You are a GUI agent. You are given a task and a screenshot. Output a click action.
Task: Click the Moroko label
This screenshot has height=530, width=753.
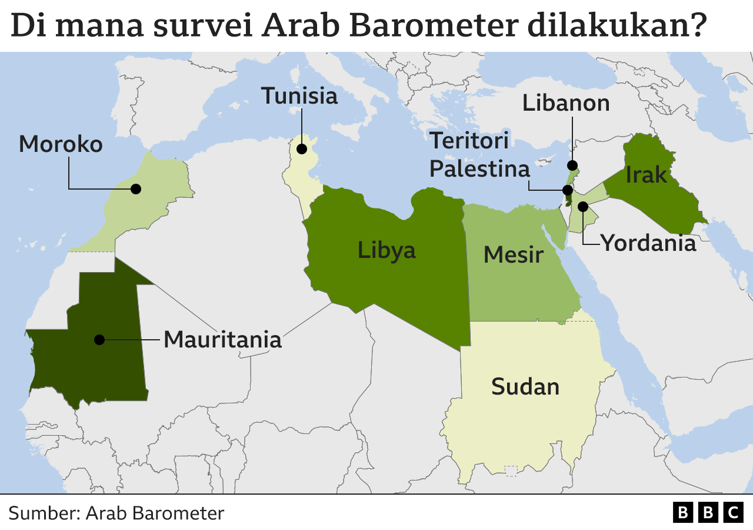(61, 144)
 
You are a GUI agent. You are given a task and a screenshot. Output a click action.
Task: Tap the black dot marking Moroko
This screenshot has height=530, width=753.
(136, 189)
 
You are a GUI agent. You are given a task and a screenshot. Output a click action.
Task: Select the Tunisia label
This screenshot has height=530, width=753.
(299, 96)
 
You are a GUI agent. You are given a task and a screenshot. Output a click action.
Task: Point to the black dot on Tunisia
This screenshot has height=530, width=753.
(302, 149)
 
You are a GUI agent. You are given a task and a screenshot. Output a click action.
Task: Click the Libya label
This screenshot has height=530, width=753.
(387, 250)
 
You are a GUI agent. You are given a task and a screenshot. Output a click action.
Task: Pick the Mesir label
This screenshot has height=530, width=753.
(513, 256)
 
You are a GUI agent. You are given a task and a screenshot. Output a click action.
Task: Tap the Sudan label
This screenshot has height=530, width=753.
(525, 387)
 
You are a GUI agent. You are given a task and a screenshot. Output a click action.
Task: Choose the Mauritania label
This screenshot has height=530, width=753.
(222, 340)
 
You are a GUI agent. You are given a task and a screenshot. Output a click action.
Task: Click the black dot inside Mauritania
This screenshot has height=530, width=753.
(99, 340)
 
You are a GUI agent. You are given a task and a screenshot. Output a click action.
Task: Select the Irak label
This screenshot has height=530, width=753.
(647, 175)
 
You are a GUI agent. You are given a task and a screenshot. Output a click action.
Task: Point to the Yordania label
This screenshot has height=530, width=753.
(648, 243)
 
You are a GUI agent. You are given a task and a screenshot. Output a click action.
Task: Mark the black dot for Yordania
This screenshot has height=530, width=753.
(583, 207)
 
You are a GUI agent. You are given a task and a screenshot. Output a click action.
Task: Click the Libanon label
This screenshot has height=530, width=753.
(566, 104)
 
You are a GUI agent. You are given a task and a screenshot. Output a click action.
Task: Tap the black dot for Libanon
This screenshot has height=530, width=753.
(572, 165)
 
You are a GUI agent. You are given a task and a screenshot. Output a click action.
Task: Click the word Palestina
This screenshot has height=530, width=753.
(479, 169)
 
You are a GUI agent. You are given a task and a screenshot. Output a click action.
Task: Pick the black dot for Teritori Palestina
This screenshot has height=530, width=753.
(568, 190)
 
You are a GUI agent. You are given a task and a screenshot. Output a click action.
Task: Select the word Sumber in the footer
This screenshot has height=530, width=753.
(42, 513)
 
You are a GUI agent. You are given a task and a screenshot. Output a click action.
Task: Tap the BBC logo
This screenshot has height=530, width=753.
(708, 512)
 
